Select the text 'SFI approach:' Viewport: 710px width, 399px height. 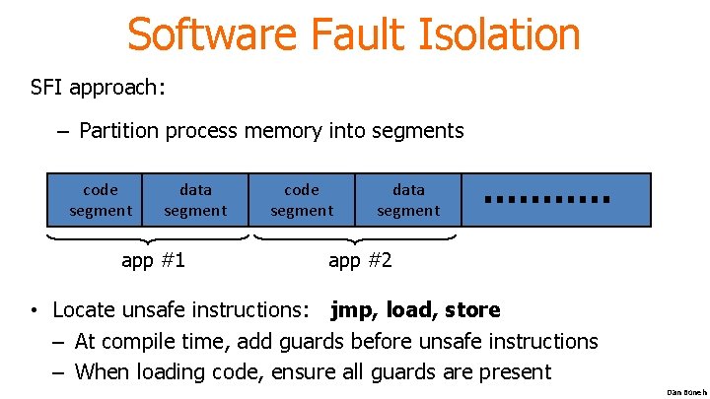coord(99,87)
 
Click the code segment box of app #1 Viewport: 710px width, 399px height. coord(100,200)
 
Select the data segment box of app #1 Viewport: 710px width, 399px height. coord(195,200)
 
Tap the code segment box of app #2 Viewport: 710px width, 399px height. coord(302,200)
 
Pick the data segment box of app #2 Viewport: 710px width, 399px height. coord(408,200)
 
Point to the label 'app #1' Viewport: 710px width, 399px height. coord(153,260)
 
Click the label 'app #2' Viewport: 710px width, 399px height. coord(360,260)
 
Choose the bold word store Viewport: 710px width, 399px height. coord(472,310)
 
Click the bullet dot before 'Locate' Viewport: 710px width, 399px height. coord(34,312)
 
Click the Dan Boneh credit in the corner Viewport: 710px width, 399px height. coord(686,392)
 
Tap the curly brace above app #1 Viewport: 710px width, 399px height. coord(148,237)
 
